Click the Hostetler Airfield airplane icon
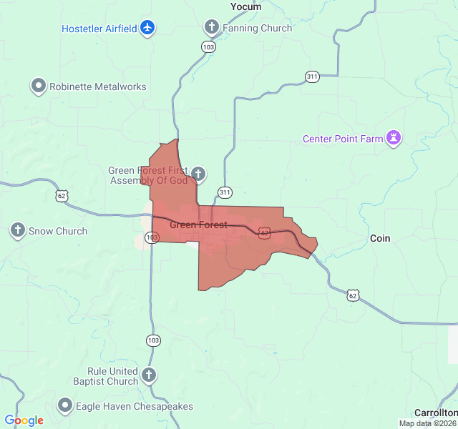tap(148, 28)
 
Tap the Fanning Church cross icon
tap(211, 28)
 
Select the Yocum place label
tap(245, 6)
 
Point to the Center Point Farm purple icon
tap(393, 138)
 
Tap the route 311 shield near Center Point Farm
tap(312, 77)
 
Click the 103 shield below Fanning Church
tap(208, 46)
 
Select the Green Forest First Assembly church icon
tap(198, 173)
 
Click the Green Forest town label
tap(198, 225)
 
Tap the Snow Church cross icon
tap(18, 231)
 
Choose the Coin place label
tap(380, 238)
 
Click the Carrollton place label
tap(435, 413)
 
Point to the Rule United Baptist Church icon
tap(148, 375)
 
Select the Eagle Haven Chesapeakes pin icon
tap(65, 405)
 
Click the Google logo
tap(24, 420)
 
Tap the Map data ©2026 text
tap(427, 423)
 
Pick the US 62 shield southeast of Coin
tap(352, 295)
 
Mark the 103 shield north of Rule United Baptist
tap(153, 341)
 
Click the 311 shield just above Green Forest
tap(225, 192)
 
